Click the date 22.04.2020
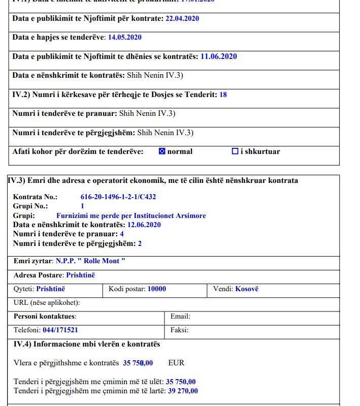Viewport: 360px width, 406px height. click(182, 18)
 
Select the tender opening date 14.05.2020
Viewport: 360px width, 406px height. click(124, 37)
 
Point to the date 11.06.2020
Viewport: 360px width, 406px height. click(218, 56)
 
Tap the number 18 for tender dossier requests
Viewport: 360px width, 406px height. click(223, 95)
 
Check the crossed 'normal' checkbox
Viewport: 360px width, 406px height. click(162, 151)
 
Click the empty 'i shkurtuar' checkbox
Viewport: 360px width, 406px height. click(235, 151)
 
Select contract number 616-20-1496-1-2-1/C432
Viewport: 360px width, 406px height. click(118, 197)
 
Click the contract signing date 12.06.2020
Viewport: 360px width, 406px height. click(144, 225)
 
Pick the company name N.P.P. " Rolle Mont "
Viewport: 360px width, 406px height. click(90, 261)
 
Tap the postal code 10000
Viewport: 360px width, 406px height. click(156, 289)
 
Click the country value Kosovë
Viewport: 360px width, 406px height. click(246, 289)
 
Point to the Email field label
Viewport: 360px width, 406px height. click(180, 316)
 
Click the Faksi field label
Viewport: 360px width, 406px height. click(179, 330)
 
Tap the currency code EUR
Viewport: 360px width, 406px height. click(176, 363)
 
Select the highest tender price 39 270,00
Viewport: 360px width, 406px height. click(183, 391)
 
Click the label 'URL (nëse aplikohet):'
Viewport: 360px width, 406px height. click(47, 303)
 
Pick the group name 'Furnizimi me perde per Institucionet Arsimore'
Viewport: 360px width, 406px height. click(131, 215)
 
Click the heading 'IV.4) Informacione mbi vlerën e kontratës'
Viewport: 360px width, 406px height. click(86, 344)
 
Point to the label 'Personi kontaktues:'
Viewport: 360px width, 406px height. click(45, 316)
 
